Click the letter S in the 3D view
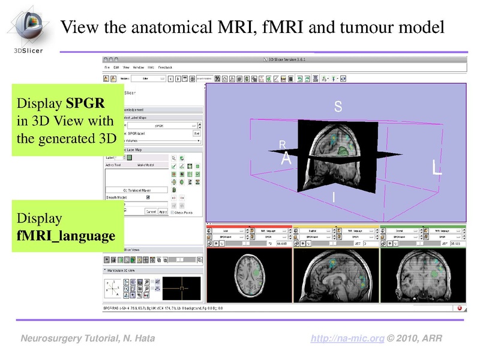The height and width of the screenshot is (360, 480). click(x=338, y=107)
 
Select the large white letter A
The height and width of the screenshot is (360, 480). click(x=286, y=160)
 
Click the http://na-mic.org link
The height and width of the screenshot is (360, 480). click(x=347, y=339)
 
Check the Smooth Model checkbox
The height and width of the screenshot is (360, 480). click(x=148, y=197)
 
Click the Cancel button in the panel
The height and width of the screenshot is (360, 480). click(x=151, y=212)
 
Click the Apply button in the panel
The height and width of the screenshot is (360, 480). click(x=163, y=212)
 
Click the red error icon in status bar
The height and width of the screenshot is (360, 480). click(x=459, y=308)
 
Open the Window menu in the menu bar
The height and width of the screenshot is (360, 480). click(x=138, y=68)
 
